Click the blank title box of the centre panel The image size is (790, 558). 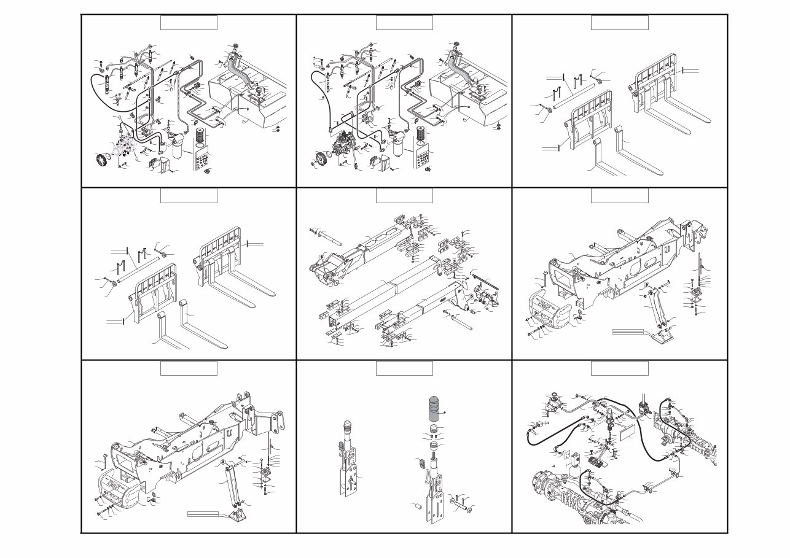tap(404, 196)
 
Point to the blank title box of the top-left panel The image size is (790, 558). tap(189, 23)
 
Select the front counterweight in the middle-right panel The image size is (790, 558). tap(552, 308)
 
